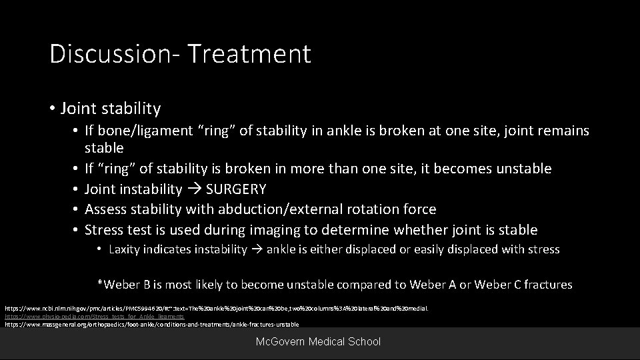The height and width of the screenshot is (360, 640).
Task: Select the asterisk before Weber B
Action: [101, 285]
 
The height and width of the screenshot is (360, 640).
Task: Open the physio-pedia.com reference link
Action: [95, 317]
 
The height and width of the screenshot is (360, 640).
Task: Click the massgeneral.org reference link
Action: [152, 325]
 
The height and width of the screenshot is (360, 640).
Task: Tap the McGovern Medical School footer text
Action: [319, 342]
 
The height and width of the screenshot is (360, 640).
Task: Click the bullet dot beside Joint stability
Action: [53, 108]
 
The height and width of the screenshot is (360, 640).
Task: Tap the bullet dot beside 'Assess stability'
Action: [77, 209]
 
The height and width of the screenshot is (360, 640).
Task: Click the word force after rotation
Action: [418, 209]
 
